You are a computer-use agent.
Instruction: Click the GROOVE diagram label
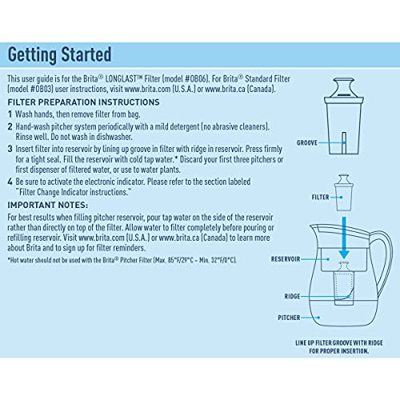pyautogui.click(x=309, y=142)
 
